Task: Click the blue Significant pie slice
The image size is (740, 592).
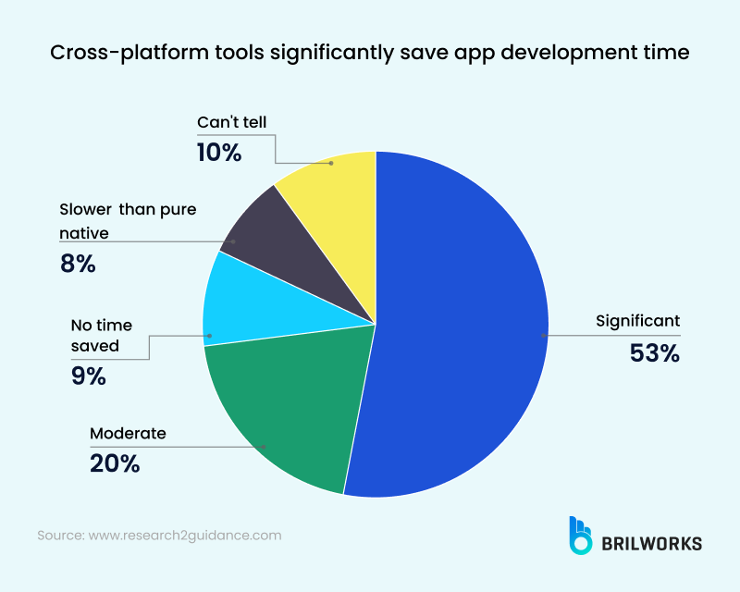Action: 453,324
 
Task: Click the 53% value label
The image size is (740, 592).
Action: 655,352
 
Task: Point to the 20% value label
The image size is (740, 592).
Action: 115,463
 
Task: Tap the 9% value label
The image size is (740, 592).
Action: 88,376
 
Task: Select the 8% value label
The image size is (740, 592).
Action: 78,264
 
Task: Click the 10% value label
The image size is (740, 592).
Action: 219,152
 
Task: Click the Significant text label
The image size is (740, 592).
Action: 638,321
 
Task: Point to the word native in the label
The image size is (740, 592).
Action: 84,233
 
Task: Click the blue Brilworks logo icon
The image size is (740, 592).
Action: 580,536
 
